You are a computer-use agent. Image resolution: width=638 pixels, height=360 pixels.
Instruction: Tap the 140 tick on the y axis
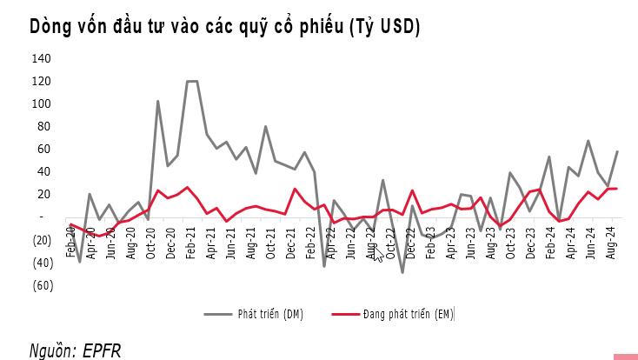(41, 58)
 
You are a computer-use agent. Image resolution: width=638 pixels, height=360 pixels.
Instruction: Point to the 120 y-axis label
(41, 81)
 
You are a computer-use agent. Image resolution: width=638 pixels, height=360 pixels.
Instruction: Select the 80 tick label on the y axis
(43, 126)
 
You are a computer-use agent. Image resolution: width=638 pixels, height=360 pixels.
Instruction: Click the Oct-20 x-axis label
(150, 243)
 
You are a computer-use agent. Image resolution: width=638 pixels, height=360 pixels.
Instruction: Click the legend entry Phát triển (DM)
(270, 314)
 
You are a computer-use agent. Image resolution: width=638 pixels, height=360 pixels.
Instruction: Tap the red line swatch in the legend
(345, 314)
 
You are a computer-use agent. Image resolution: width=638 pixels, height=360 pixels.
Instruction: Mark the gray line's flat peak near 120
(192, 82)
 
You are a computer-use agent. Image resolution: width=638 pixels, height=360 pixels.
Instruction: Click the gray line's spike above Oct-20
(157, 101)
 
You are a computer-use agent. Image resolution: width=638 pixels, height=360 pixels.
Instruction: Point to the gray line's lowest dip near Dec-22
(402, 272)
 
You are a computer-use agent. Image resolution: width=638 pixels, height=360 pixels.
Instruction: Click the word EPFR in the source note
(102, 350)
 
